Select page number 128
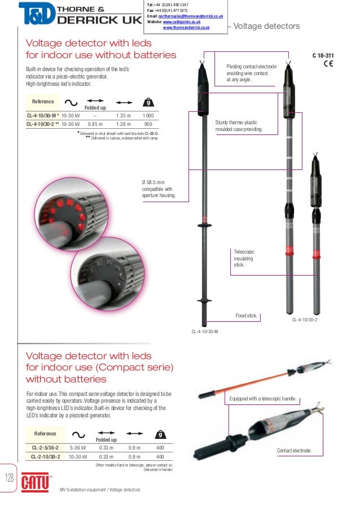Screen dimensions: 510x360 coord(9,478)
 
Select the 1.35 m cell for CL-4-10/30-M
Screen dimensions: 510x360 coord(124,115)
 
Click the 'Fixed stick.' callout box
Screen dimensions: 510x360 coord(246,315)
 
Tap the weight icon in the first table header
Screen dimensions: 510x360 coord(148,103)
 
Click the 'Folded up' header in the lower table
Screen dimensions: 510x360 coord(106,439)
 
